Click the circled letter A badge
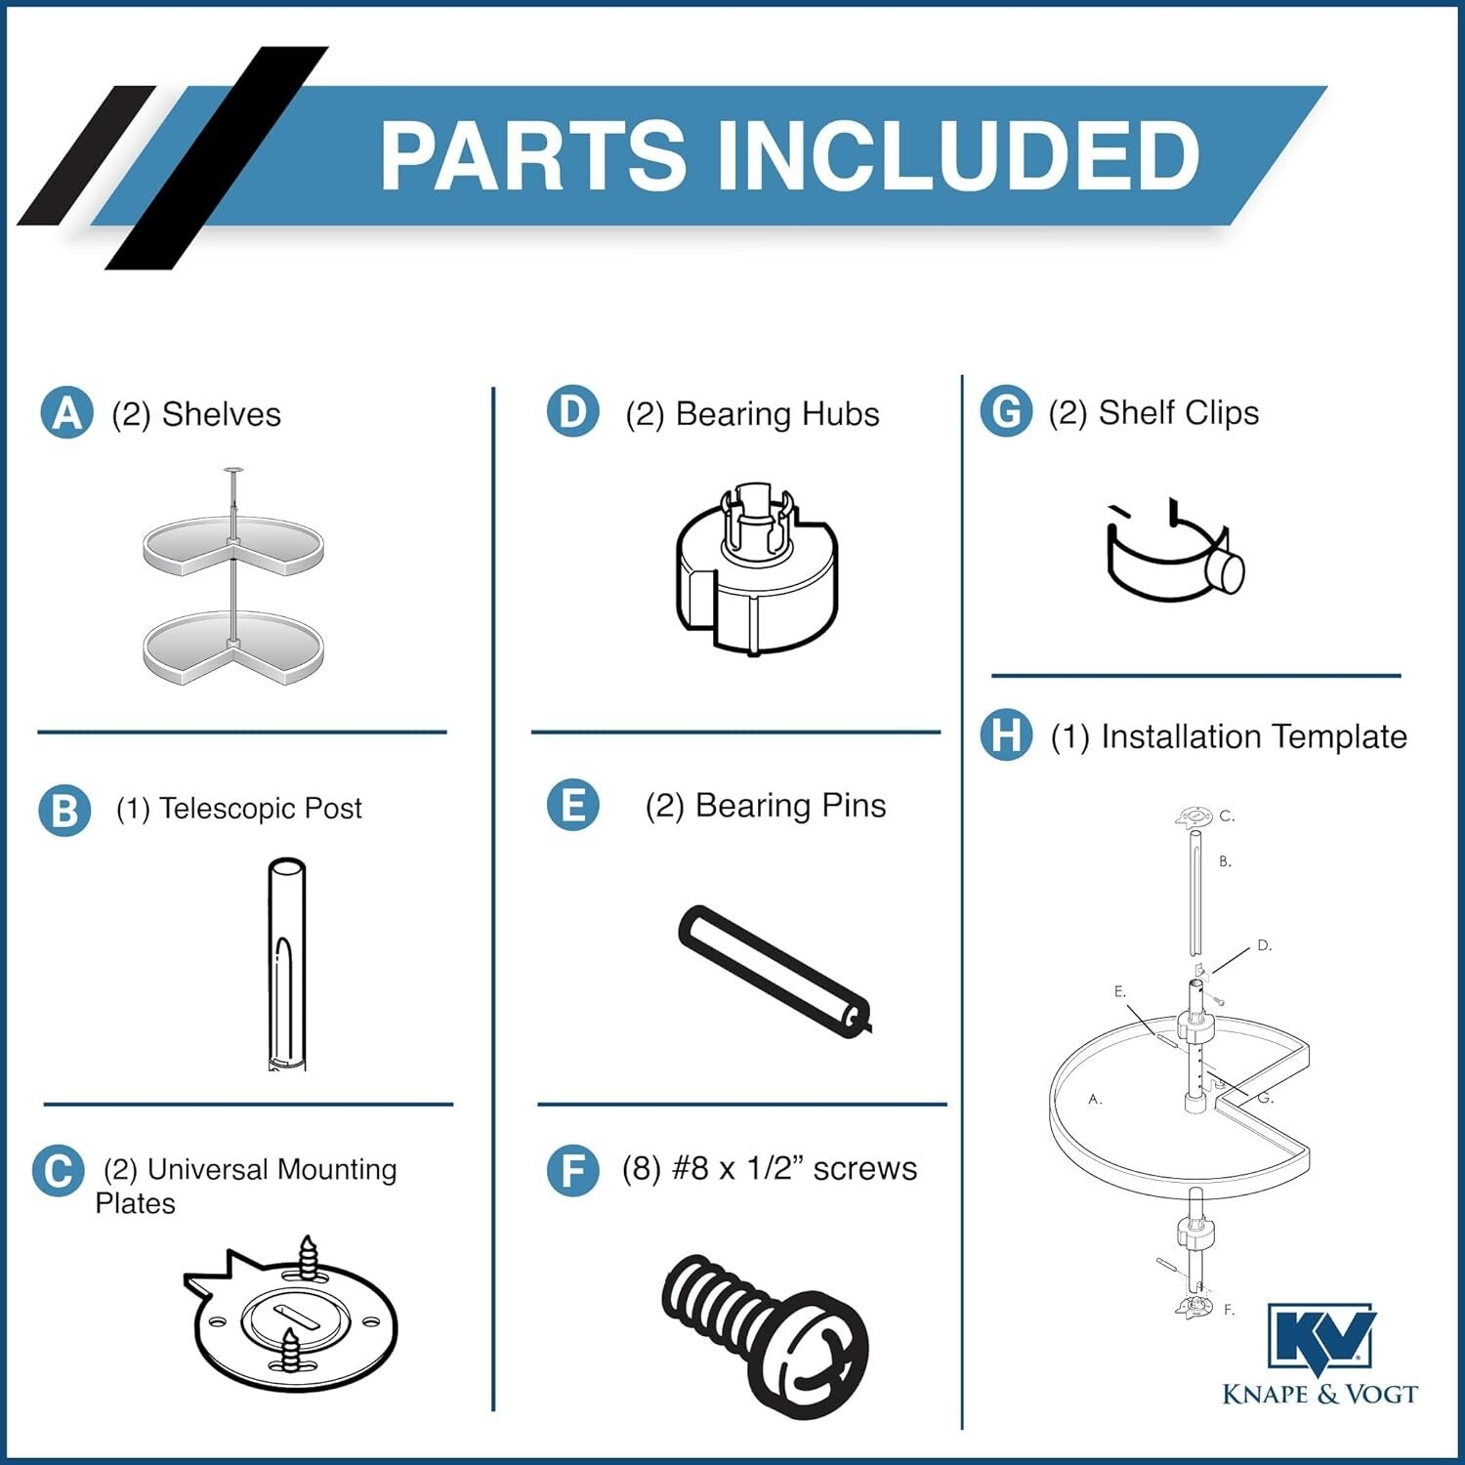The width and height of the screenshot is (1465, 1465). pyautogui.click(x=67, y=412)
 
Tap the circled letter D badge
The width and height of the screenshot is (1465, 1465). pyautogui.click(x=573, y=411)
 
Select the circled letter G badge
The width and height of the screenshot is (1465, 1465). pyautogui.click(x=1006, y=411)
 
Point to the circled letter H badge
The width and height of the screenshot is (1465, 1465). pyautogui.click(x=1006, y=734)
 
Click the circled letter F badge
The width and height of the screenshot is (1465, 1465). pyautogui.click(x=573, y=1170)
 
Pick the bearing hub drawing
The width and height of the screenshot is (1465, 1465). pyautogui.click(x=756, y=568)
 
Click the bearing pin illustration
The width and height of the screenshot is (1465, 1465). pyautogui.click(x=774, y=973)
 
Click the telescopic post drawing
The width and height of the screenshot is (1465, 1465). pyautogui.click(x=286, y=964)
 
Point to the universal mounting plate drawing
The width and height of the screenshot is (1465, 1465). pyautogui.click(x=291, y=1314)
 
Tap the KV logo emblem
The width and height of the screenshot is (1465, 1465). pyautogui.click(x=1320, y=1340)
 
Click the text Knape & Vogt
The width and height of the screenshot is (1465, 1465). pyautogui.click(x=1319, y=1394)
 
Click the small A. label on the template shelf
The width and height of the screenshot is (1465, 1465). pyautogui.click(x=1095, y=1099)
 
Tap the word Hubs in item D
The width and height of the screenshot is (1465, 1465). pyautogui.click(x=836, y=413)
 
